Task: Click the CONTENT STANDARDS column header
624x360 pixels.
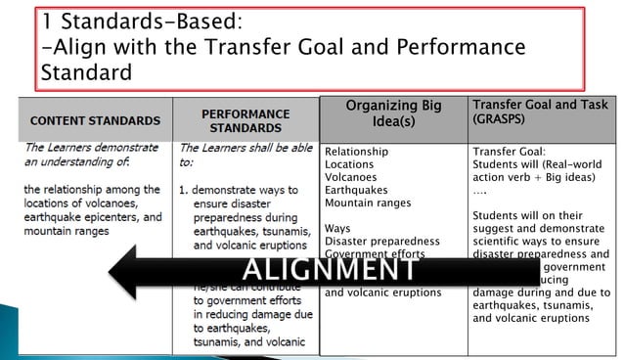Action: (95, 120)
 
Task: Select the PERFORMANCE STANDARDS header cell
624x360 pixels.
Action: (245, 120)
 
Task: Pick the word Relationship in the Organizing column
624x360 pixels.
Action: (356, 152)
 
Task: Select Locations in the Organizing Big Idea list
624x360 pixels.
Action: (350, 164)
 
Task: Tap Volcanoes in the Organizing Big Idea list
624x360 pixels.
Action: (352, 177)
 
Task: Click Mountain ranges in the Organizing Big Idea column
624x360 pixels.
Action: (368, 202)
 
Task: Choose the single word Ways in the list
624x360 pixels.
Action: (337, 228)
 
